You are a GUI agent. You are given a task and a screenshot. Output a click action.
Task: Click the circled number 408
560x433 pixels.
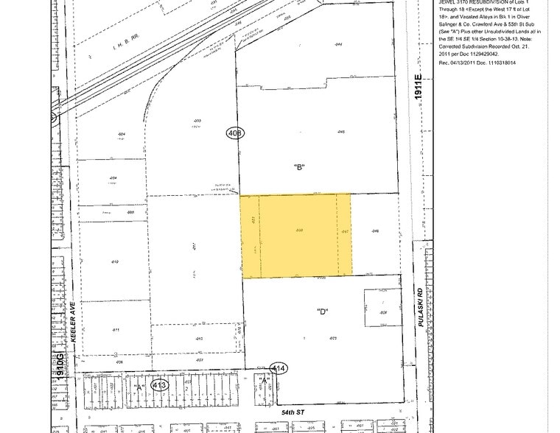235,133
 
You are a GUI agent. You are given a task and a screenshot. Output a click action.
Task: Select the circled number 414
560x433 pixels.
279,368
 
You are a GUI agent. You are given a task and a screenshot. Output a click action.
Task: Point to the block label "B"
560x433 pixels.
299,167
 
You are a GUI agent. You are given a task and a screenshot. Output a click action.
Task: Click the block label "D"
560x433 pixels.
322,311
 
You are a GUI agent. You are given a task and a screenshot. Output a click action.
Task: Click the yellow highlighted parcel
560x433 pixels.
296,236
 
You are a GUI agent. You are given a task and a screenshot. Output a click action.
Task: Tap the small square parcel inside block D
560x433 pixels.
382,308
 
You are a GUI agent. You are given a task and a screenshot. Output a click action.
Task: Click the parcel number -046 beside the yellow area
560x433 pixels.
374,231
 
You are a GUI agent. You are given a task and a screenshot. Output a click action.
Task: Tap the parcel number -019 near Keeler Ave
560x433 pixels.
116,261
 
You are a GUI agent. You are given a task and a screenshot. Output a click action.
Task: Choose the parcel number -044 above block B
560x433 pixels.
338,44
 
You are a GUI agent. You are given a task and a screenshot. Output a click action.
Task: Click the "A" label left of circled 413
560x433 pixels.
137,384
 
